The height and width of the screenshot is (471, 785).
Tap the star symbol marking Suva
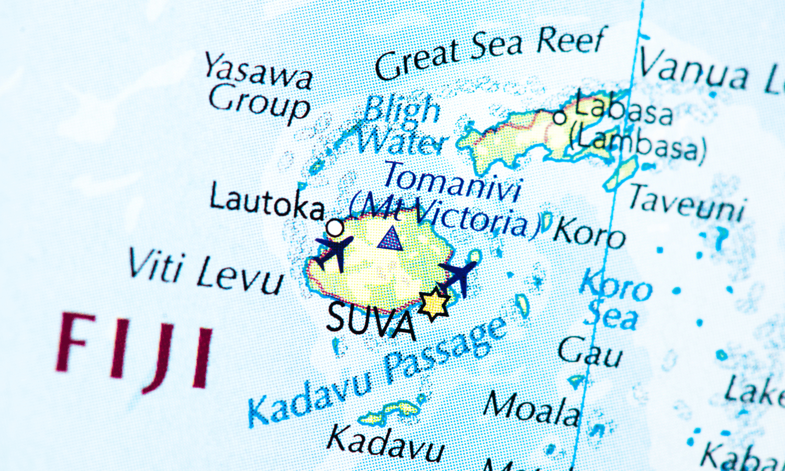tap(434, 304)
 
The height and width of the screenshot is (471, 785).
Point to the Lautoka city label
tap(267, 203)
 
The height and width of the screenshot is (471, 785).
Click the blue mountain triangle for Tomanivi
tap(390, 239)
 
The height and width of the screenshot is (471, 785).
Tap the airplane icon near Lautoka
tap(333, 251)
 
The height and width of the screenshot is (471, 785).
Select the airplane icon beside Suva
tap(460, 276)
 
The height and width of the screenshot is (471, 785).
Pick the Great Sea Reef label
tap(490, 52)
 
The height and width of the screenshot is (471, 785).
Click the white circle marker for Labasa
tap(559, 118)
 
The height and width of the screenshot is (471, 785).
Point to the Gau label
tap(590, 352)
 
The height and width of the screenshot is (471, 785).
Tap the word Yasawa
tap(259, 71)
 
